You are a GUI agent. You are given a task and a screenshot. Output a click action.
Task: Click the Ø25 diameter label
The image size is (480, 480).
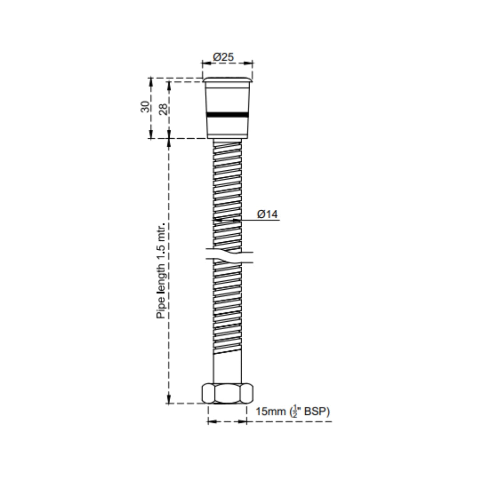coord(224,57)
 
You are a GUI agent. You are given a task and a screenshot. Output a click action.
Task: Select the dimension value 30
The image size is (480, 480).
coord(145,107)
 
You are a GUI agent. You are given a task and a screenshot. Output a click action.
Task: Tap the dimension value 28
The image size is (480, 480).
coord(163,109)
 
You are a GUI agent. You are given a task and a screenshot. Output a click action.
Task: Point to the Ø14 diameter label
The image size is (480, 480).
coord(267,214)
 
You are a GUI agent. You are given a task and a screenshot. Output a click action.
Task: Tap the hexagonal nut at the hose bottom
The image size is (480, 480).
coord(227,393)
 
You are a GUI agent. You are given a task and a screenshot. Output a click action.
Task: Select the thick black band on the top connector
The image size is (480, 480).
coord(227,115)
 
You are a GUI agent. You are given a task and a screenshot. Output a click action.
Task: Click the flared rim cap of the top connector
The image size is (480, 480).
coord(227,80)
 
